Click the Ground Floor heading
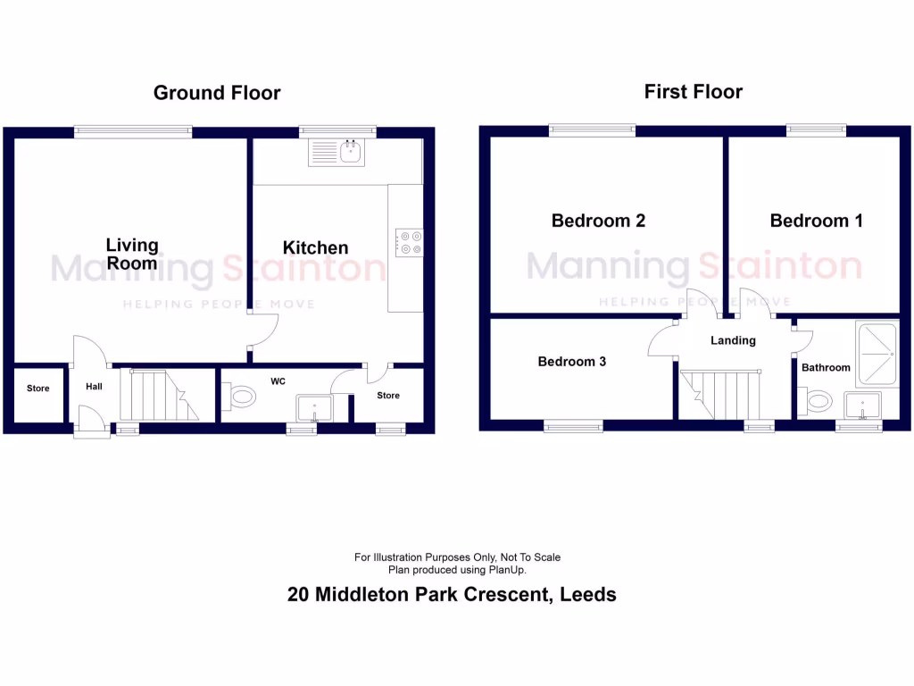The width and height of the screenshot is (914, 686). click(x=217, y=93)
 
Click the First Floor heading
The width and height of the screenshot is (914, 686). click(x=693, y=91)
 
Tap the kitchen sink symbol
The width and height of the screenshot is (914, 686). click(x=337, y=154)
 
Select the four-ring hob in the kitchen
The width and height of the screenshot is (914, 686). click(x=411, y=243)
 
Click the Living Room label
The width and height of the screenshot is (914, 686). click(x=132, y=254)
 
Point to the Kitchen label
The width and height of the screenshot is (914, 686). click(x=315, y=247)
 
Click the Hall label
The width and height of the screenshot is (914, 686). click(x=94, y=387)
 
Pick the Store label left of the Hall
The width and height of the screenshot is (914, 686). click(x=38, y=389)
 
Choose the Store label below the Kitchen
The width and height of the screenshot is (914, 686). click(x=388, y=395)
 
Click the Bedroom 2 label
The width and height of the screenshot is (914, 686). click(x=598, y=221)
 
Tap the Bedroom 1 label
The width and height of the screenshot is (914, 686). click(x=816, y=221)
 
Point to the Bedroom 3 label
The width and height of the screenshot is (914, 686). click(x=571, y=362)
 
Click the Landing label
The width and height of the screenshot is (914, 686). click(x=733, y=340)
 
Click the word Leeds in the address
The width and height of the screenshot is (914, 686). click(x=587, y=594)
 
